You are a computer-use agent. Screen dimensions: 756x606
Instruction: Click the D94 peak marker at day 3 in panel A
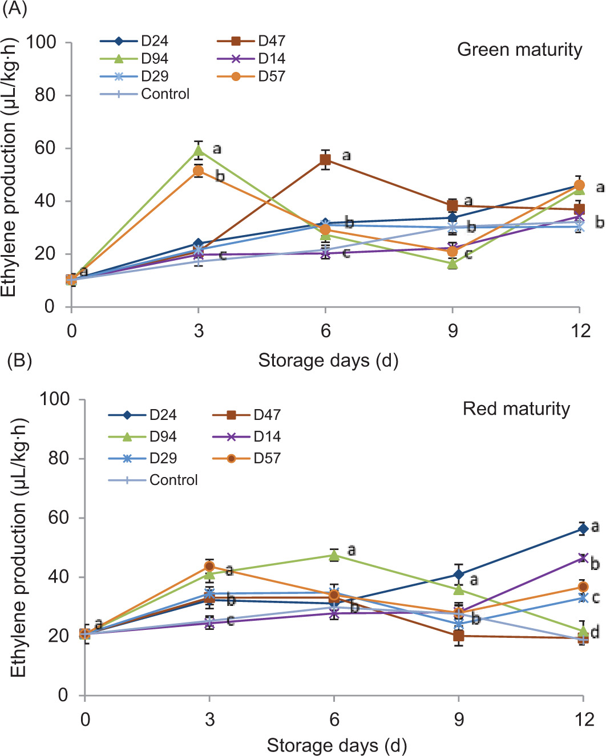tap(199, 151)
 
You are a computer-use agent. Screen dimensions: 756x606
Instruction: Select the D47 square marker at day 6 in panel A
tap(325, 160)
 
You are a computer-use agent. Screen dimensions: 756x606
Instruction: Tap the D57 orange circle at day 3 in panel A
tap(199, 171)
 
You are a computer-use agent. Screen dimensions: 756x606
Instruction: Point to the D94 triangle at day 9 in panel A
tap(453, 264)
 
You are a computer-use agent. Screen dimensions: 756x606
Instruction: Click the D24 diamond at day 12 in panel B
tap(583, 529)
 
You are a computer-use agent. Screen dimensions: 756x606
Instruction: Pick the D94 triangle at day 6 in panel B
tap(334, 555)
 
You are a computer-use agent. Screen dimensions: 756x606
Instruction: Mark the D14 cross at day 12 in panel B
tap(583, 558)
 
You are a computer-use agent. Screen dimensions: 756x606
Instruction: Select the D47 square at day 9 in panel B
tap(459, 636)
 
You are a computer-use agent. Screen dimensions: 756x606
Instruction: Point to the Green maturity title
tap(519, 50)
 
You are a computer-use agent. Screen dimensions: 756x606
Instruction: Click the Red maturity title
tap(516, 409)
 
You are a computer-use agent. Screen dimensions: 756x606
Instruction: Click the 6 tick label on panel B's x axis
tap(334, 719)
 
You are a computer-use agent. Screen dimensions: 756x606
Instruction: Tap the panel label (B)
tap(18, 361)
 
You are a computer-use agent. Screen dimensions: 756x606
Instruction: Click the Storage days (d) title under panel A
tap(328, 361)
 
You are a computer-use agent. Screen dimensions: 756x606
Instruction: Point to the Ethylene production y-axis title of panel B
tap(18, 548)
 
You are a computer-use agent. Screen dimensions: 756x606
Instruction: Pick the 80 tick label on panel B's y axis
tap(58, 458)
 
